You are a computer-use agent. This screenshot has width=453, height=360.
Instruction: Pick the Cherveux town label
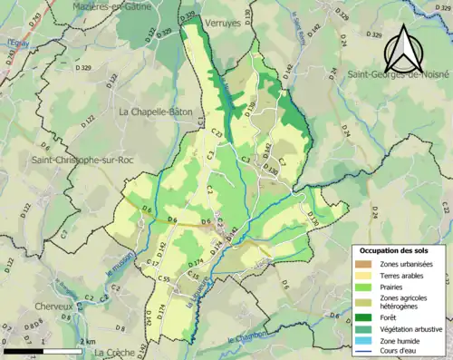tap(52, 306)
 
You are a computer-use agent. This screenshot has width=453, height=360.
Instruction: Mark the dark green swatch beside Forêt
tap(363, 317)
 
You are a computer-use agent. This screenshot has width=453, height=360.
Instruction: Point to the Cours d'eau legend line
tap(363, 352)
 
